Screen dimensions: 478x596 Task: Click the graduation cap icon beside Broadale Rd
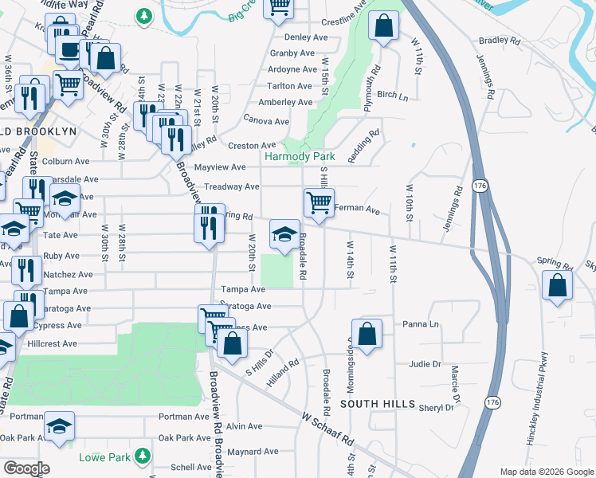pyautogui.click(x=284, y=233)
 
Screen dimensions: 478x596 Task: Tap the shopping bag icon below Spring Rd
pyautogui.click(x=557, y=285)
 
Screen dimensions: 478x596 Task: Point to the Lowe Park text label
pyautogui.click(x=104, y=457)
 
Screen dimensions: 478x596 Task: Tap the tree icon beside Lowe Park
pyautogui.click(x=143, y=456)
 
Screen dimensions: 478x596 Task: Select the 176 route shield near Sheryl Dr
pyautogui.click(x=493, y=403)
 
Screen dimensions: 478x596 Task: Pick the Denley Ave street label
pyautogui.click(x=306, y=37)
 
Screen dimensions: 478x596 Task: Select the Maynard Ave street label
pyautogui.click(x=253, y=452)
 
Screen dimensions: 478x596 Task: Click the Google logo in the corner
pyautogui.click(x=25, y=468)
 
